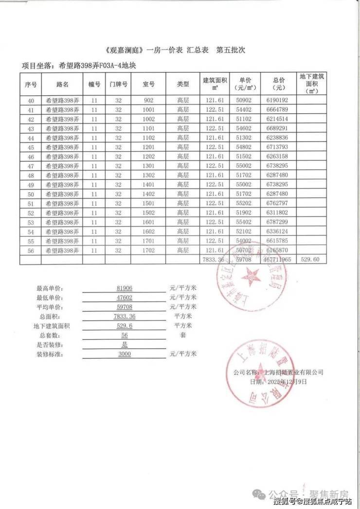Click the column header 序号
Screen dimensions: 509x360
[x=31, y=84]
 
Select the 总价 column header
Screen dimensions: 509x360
[x=279, y=84]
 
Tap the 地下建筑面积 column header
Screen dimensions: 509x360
[x=312, y=84]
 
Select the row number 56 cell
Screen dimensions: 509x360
[x=31, y=250]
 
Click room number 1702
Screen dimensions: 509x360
[x=148, y=250]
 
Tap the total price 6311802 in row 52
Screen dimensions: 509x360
[x=277, y=212]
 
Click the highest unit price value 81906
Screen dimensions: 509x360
[x=125, y=288]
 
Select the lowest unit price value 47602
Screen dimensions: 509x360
[x=125, y=298]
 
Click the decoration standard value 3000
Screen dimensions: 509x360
[x=125, y=354]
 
